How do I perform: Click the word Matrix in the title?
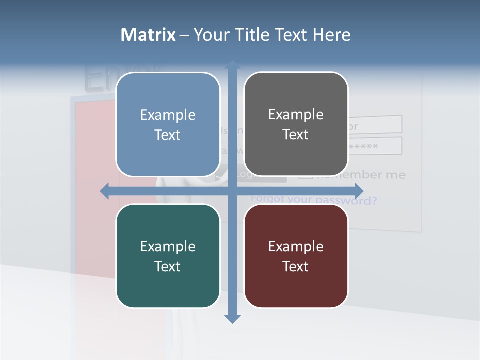(x=148, y=35)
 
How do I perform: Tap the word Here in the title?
(x=332, y=35)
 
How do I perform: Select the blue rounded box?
(x=168, y=124)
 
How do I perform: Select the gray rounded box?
(x=296, y=124)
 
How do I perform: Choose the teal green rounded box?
(x=168, y=256)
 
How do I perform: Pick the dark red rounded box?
(x=296, y=256)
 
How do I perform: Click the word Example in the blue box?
(x=168, y=115)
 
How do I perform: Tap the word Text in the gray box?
(x=296, y=135)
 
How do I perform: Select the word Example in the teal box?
(x=168, y=246)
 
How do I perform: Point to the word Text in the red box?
(x=296, y=266)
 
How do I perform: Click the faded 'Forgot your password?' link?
(x=314, y=200)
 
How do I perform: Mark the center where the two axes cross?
(x=232, y=191)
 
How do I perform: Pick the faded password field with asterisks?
(x=375, y=146)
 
